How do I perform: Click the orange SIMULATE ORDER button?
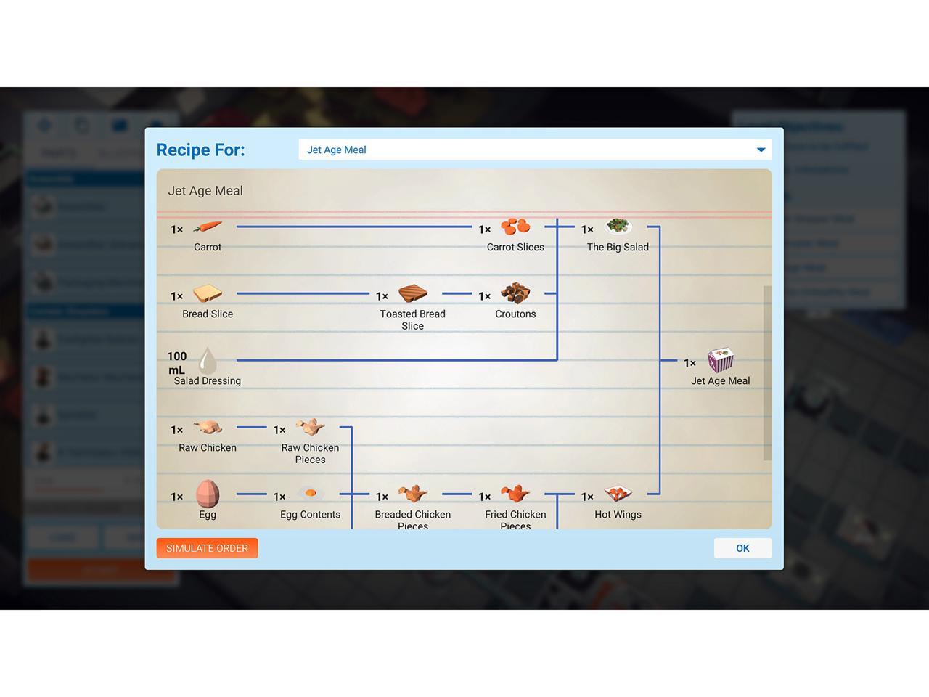[207, 548]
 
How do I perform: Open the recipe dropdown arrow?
[761, 150]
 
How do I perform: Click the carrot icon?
[208, 227]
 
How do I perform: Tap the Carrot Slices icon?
[515, 227]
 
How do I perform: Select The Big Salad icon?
[618, 227]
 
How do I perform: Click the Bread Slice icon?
[208, 293]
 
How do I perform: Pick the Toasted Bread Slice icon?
[413, 293]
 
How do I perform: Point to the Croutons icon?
[515, 293]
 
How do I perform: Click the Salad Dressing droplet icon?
[208, 360]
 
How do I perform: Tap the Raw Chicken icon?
[208, 427]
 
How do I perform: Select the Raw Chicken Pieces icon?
[311, 427]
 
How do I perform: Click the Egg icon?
[208, 494]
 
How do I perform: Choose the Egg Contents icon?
[311, 494]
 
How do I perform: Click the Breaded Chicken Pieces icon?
[413, 494]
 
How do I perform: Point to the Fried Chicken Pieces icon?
[515, 494]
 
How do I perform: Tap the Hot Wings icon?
[618, 494]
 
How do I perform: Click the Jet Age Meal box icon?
[721, 360]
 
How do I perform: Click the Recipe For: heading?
[201, 150]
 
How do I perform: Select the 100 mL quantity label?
[177, 363]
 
